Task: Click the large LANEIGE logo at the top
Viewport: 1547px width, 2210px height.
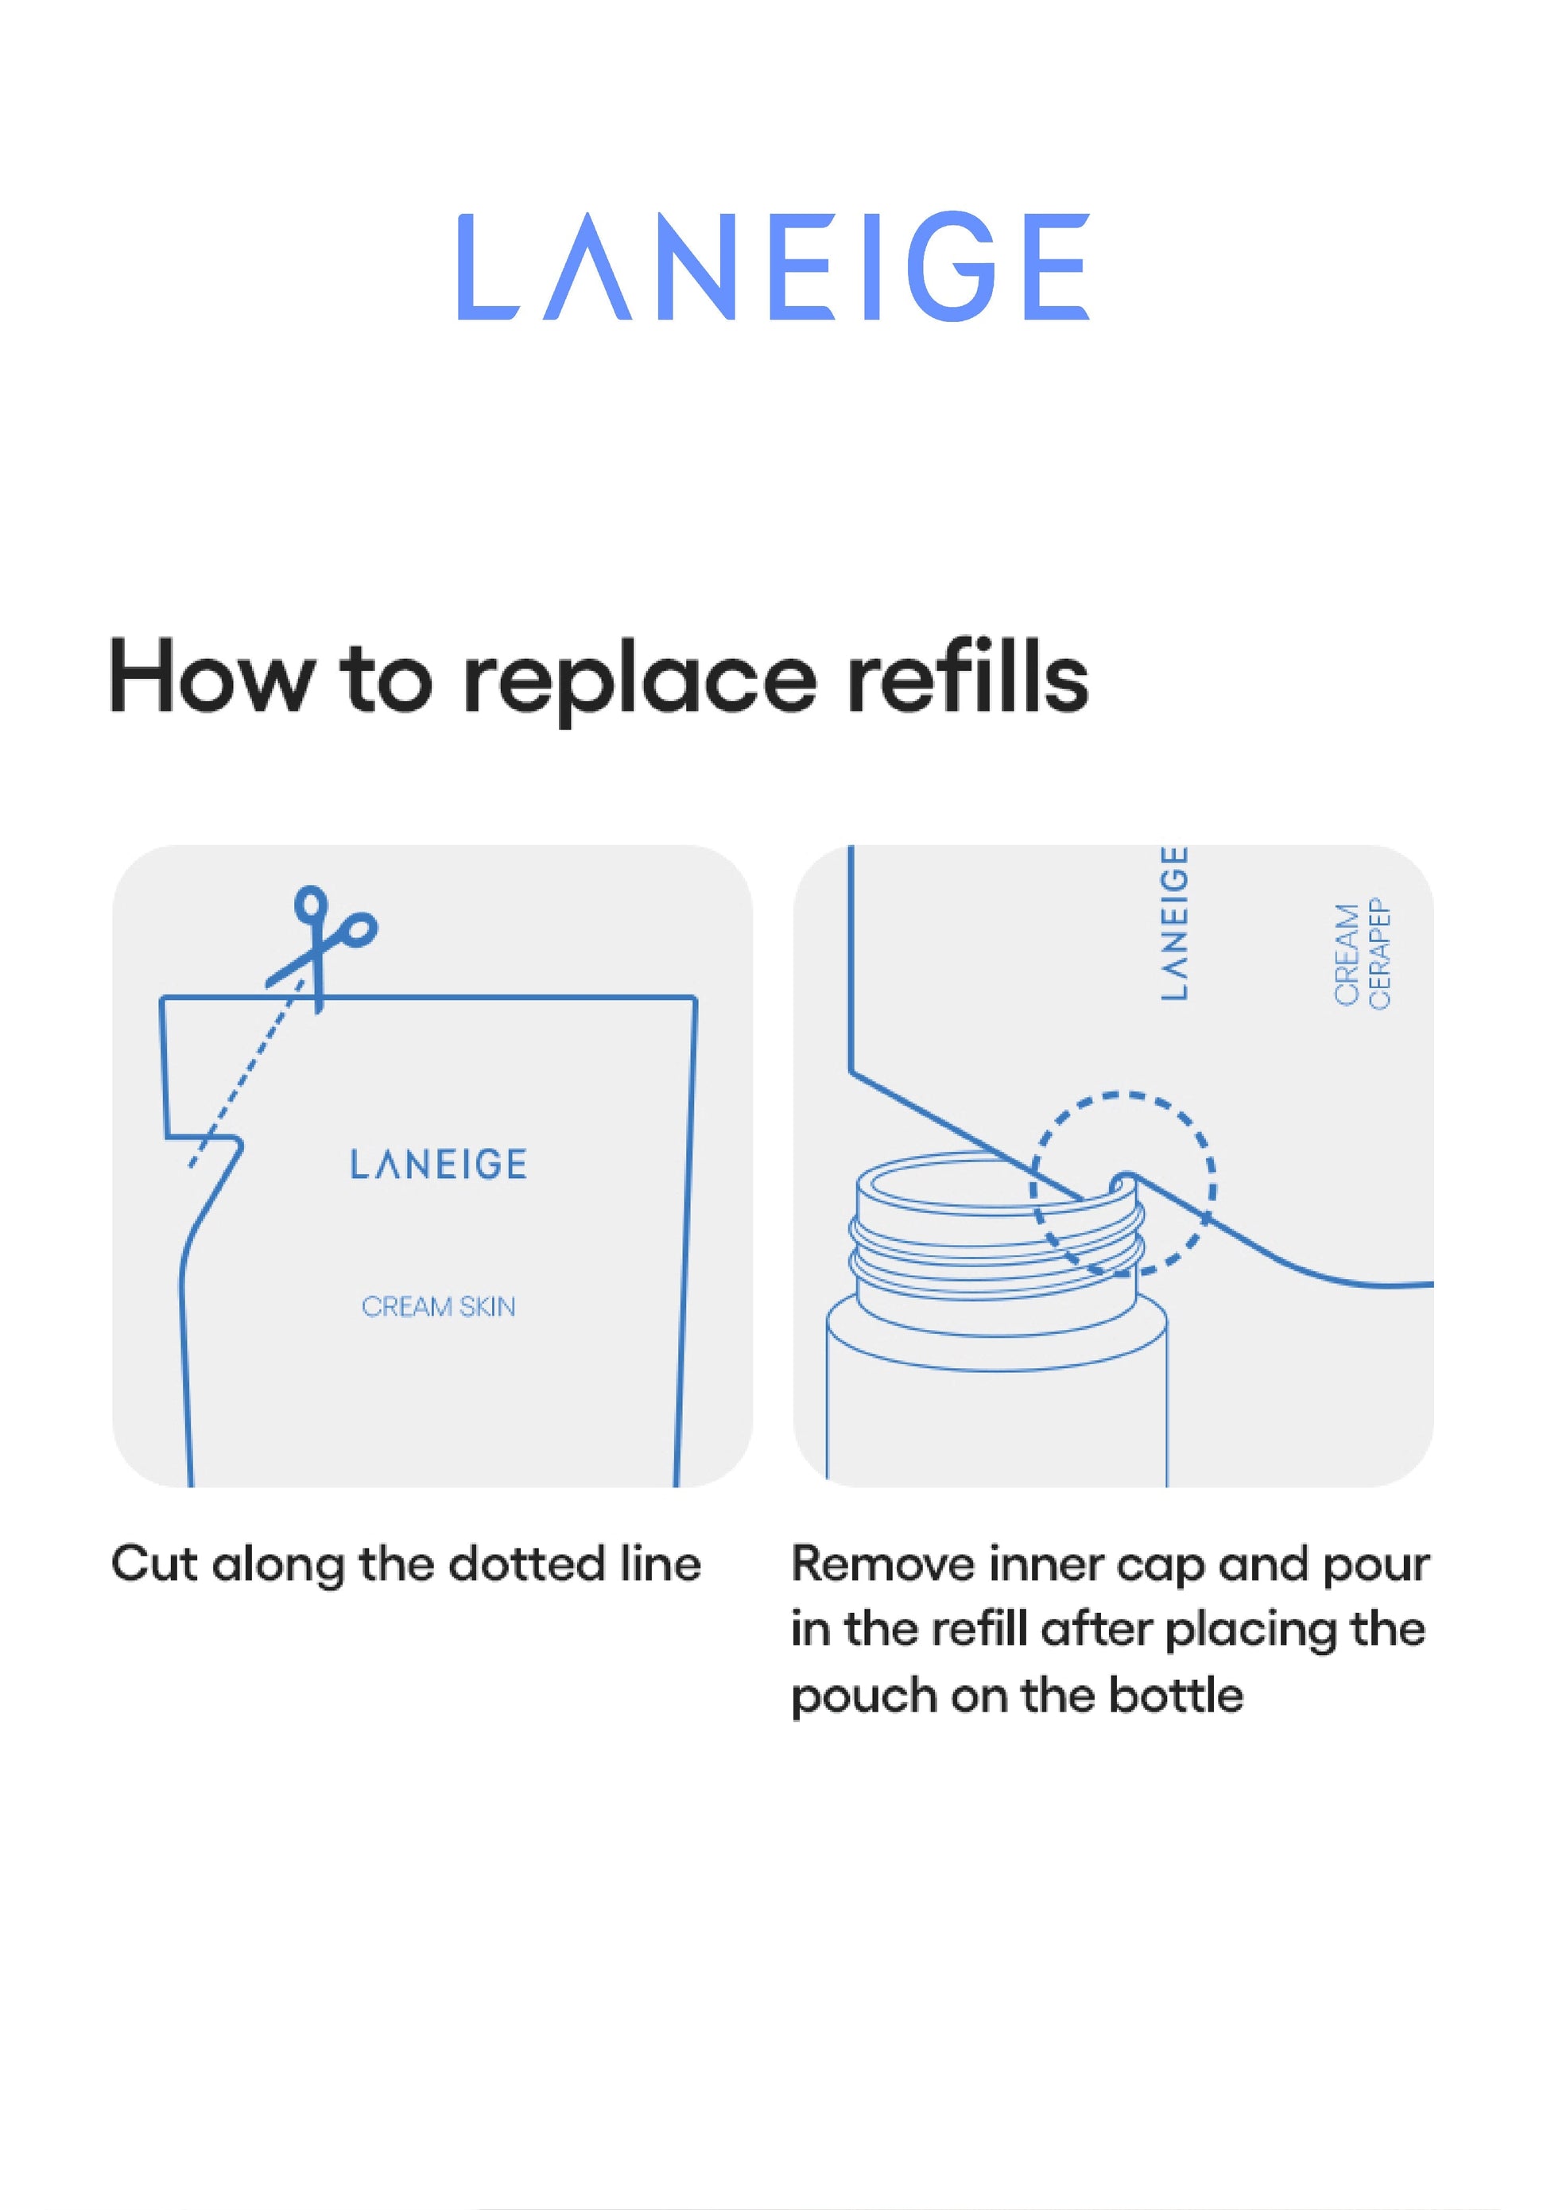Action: click(x=773, y=266)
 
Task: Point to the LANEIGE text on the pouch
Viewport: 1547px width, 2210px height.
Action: click(x=438, y=1164)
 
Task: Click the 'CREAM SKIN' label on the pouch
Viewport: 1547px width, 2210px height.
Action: click(x=438, y=1306)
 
